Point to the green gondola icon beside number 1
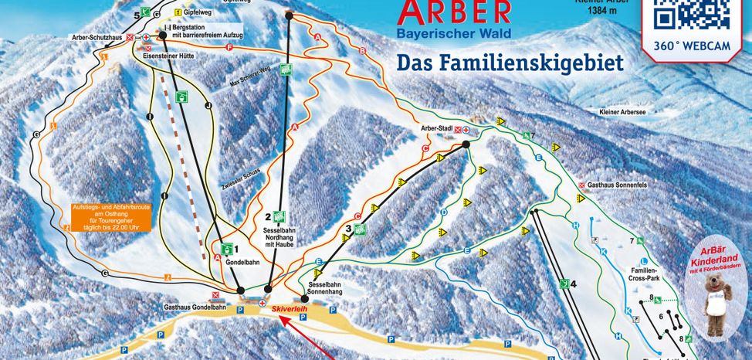click(227, 249)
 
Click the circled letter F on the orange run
click(229, 48)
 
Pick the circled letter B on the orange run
click(363, 51)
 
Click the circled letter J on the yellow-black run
click(208, 105)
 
